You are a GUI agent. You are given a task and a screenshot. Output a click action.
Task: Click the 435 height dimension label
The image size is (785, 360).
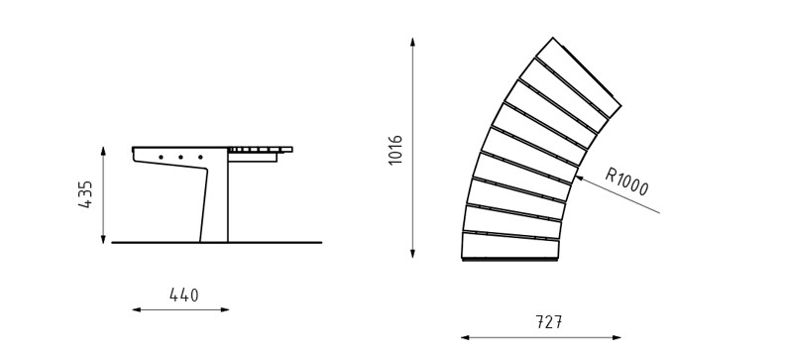85,194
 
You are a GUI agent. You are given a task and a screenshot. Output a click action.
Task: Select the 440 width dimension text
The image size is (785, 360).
183,295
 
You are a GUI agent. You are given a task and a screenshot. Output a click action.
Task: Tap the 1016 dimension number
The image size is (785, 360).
395,150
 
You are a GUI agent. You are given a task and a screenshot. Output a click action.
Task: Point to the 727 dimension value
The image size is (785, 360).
549,322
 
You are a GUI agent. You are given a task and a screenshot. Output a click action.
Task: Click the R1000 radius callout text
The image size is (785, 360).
626,181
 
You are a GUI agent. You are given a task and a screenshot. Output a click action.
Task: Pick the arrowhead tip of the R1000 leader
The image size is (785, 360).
575,176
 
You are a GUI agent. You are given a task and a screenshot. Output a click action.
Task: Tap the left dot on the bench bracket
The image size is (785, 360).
161,158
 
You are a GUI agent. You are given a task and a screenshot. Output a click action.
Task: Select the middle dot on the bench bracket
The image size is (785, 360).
180,158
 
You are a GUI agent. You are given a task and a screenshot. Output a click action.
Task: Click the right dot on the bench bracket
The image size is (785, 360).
200,158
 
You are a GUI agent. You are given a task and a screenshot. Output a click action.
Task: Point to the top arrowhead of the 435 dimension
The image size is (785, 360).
103,148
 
